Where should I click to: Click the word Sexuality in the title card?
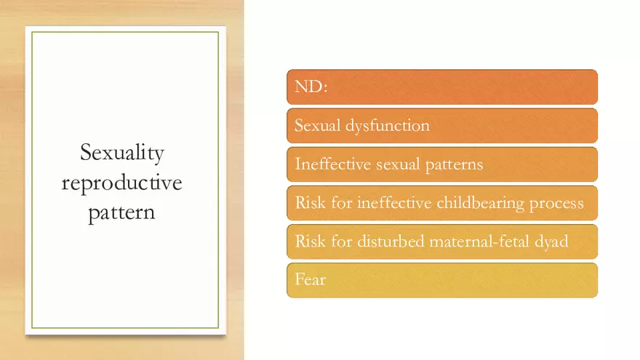tap(121, 153)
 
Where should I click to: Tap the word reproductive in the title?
tap(121, 183)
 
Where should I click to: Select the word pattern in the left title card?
tap(121, 213)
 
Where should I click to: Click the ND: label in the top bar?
tap(311, 87)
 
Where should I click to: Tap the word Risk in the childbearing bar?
tap(309, 203)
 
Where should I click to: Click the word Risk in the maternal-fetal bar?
tap(309, 241)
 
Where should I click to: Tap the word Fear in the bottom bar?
tap(310, 280)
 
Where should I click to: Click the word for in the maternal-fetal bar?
tap(341, 241)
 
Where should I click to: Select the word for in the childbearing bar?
tap(341, 203)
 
